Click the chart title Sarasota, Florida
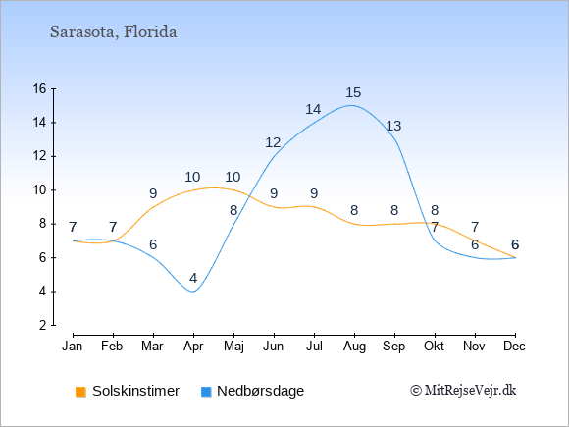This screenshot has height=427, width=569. point(113,32)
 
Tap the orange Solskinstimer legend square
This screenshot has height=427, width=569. point(80,392)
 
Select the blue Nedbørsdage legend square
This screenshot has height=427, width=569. point(206,392)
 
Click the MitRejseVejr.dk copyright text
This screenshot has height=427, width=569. point(463,391)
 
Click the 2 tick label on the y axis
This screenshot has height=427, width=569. point(43,325)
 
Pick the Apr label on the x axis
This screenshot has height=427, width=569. point(193,347)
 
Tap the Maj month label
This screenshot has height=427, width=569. point(233,347)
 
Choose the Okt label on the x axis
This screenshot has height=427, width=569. point(434,347)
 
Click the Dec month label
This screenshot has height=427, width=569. point(515,347)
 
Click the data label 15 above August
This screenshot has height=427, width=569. point(353,92)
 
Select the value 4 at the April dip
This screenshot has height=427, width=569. point(193,278)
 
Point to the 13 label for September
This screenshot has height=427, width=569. point(393,126)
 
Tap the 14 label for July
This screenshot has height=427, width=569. point(313,109)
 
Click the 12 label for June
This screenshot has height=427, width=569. point(273,142)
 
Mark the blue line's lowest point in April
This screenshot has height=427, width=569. point(193,292)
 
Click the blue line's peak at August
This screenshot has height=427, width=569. point(351,105)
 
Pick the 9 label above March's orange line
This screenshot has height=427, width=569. point(153,193)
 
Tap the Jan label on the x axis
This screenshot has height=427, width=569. point(73,347)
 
